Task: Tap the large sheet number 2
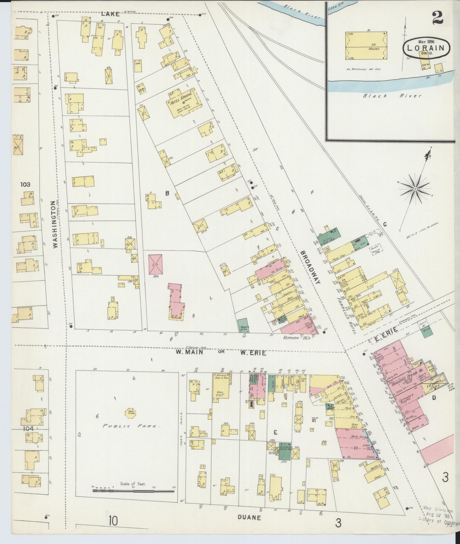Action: tap(437, 17)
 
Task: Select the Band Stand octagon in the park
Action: tap(131, 413)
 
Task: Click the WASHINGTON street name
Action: tap(55, 224)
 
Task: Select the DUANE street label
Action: tap(249, 517)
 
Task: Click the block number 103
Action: tap(25, 185)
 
